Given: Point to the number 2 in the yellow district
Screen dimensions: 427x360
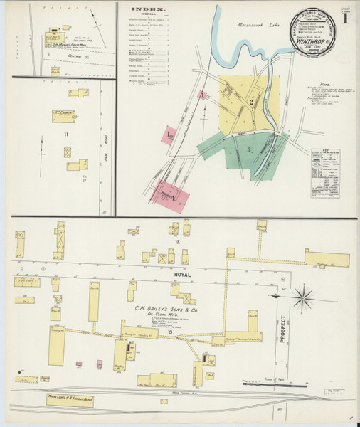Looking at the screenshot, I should point(250,102).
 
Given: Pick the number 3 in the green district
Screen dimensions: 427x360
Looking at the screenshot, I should point(249,149).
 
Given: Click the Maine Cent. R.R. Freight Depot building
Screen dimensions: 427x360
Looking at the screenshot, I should point(70,400).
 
